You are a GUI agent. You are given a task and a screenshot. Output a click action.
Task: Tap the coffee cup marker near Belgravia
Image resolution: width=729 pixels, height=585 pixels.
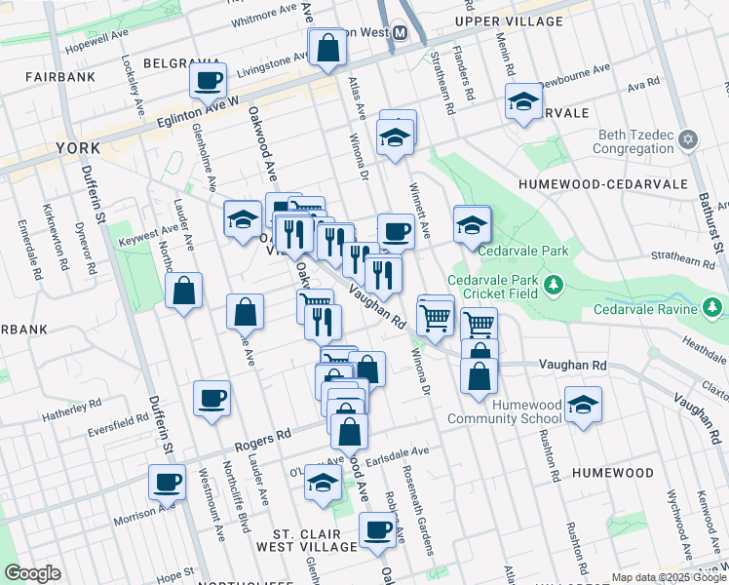point(208,81)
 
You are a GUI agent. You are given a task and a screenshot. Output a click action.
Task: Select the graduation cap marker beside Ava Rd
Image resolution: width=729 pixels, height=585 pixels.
point(523,102)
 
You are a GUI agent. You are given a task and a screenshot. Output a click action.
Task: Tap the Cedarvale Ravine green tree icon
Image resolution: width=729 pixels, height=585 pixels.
point(713,309)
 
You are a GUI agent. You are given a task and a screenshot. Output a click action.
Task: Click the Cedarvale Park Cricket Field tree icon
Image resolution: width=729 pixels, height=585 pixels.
point(555,285)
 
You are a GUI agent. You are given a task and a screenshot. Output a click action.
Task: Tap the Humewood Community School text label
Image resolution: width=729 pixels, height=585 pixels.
point(505,411)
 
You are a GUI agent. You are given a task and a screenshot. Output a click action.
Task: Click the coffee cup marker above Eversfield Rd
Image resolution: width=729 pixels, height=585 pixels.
point(212,398)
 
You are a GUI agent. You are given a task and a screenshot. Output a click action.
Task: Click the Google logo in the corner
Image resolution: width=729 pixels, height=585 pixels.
point(32,573)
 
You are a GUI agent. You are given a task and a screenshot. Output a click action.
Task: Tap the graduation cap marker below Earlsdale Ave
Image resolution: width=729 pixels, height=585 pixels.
point(323,482)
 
